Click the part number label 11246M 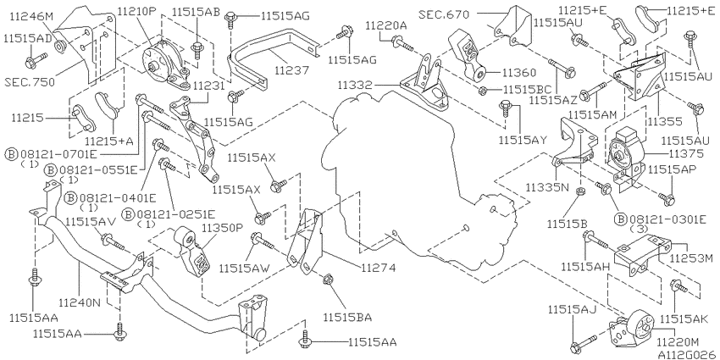tap(31, 18)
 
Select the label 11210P tap(137, 11)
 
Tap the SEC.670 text tap(444, 14)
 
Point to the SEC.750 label tap(30, 83)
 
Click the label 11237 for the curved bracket tap(293, 70)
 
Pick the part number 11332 tap(357, 85)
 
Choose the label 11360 tap(519, 73)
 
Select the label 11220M tap(678, 342)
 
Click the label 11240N tap(80, 302)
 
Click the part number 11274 tap(378, 268)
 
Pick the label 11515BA tap(347, 317)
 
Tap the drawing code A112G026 tap(688, 354)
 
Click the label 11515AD tap(28, 39)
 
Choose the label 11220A tap(386, 26)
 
